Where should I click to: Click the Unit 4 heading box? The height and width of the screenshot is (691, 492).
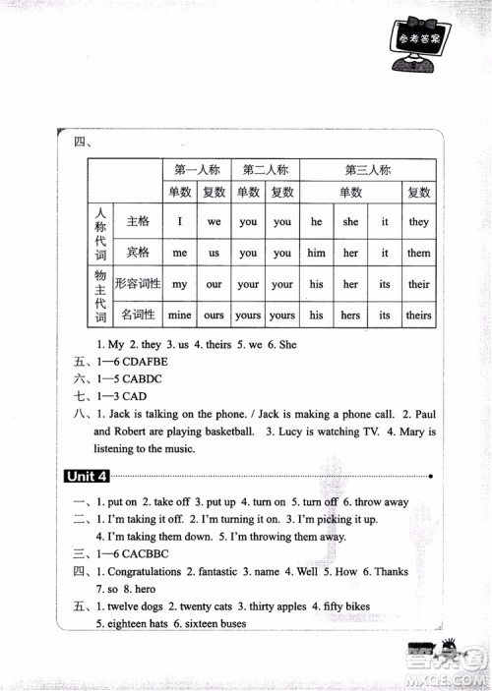(x=86, y=477)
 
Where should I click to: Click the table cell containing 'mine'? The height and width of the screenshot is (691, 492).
(x=179, y=316)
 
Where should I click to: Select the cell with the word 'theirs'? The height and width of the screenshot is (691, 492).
(x=418, y=316)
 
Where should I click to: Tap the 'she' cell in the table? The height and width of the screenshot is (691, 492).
(x=350, y=222)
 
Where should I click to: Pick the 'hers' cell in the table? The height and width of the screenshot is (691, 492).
(x=350, y=316)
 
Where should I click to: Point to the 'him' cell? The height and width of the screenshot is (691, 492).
(x=316, y=253)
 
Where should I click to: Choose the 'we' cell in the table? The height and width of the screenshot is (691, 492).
(x=214, y=222)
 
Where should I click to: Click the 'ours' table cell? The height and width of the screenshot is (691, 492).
(x=214, y=316)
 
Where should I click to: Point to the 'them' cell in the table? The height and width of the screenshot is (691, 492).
(x=418, y=253)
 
